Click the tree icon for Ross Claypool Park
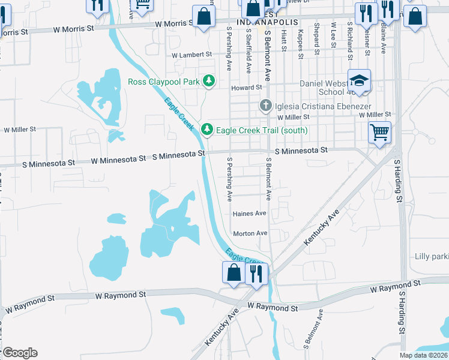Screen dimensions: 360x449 tap(208, 80)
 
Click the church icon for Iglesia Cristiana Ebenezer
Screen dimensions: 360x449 tap(267, 106)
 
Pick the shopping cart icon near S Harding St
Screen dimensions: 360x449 tap(379, 132)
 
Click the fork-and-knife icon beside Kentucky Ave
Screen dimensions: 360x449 tap(256, 275)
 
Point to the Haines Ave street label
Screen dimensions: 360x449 tap(249, 213)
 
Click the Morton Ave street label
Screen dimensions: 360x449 tap(250, 233)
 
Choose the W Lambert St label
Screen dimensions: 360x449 tap(192, 55)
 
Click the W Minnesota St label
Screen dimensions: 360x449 tap(119, 160)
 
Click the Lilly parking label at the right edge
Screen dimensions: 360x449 tap(431, 257)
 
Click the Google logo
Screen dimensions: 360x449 tap(19, 353)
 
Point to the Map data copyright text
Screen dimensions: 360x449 tap(422, 355)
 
